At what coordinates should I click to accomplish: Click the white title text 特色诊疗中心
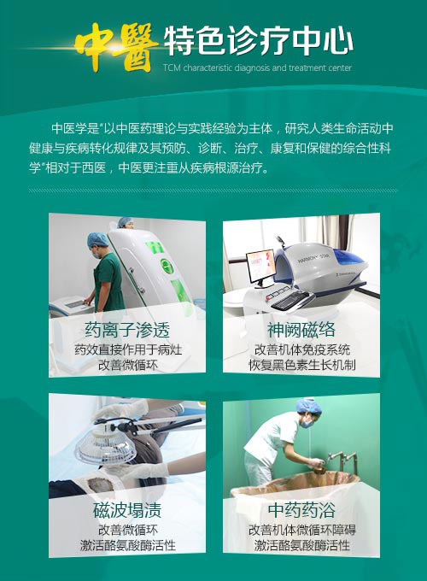tap(258, 41)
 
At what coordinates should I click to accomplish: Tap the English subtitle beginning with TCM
tap(257, 67)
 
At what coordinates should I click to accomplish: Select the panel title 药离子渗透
tap(127, 330)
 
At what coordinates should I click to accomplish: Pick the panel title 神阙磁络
tap(301, 330)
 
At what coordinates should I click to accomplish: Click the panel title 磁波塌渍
tap(127, 510)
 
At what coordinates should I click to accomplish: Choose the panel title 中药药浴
tap(301, 510)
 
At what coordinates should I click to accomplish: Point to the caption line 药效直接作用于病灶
tap(128, 349)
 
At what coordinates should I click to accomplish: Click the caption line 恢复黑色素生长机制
tap(301, 365)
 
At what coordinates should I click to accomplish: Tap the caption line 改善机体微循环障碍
tap(301, 530)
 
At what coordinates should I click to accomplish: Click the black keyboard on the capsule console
tap(290, 300)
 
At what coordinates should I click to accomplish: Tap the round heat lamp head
tap(106, 445)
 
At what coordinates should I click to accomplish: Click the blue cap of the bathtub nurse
tap(308, 406)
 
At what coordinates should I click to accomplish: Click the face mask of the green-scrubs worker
tap(96, 255)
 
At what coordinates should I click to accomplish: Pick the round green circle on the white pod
tap(167, 266)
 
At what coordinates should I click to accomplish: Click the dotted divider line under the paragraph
tap(213, 191)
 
